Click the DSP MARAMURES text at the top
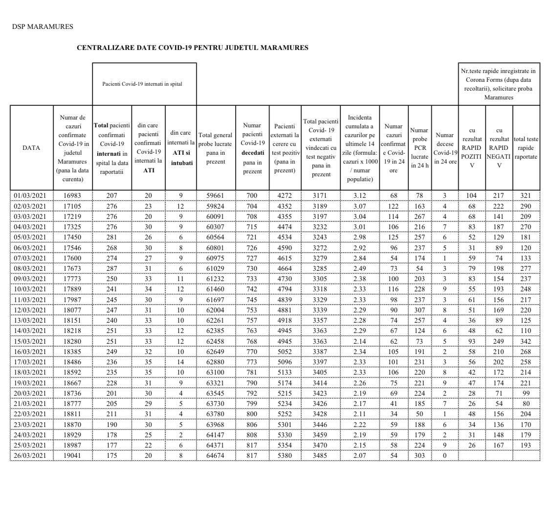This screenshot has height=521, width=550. (43, 26)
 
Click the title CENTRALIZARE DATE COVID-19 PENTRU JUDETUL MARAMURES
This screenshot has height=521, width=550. (192, 47)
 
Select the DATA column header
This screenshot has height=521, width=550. (31, 148)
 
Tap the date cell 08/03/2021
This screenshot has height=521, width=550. (31, 268)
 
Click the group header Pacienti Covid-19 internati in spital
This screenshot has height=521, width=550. (142, 84)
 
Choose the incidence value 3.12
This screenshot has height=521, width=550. (359, 195)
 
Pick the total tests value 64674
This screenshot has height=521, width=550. (216, 456)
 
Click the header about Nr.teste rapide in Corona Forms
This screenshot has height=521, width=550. (498, 84)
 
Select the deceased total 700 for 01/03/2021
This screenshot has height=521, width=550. (252, 195)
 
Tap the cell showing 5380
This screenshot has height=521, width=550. (285, 456)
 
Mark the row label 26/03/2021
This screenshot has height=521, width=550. (31, 456)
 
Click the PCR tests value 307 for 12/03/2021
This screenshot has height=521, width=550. (419, 310)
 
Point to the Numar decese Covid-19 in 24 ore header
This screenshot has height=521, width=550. (444, 148)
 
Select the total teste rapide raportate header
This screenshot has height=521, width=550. (526, 148)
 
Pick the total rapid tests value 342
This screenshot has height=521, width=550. (526, 341)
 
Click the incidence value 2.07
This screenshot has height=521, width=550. (359, 456)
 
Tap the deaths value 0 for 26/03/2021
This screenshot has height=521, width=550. (444, 456)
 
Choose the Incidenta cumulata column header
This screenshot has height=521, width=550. (359, 148)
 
